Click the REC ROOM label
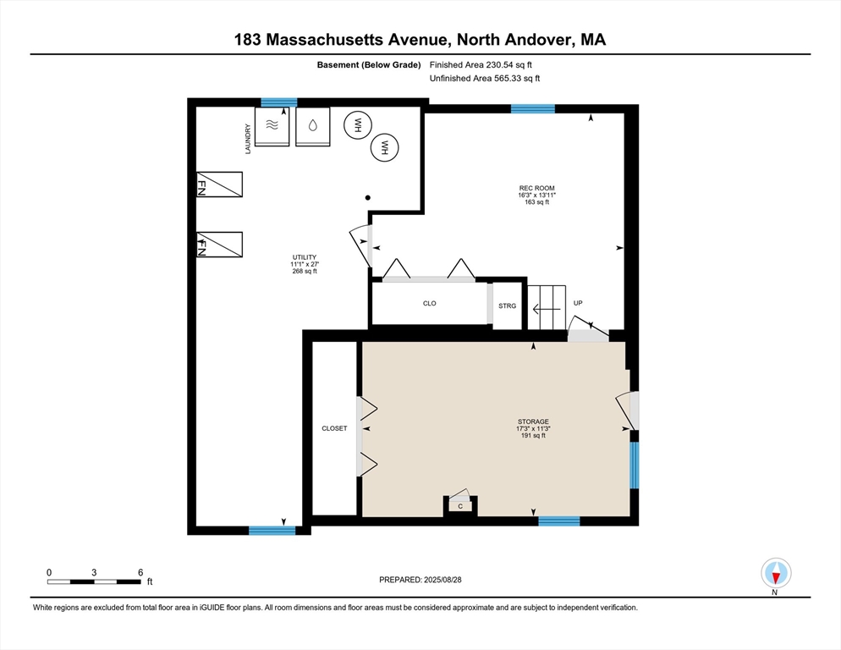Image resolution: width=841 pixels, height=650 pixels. point(536,189)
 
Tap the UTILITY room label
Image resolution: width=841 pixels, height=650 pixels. point(304,257)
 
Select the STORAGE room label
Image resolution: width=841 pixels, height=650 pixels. point(533,421)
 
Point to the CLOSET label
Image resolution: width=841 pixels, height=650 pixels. point(334,428)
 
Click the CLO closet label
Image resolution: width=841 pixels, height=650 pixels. point(430,303)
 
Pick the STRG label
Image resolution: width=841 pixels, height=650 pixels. point(508,306)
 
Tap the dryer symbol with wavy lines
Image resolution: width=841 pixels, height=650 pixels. point(272,127)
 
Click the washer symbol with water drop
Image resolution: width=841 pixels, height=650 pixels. point(313,127)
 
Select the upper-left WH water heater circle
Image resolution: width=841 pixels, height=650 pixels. point(358,125)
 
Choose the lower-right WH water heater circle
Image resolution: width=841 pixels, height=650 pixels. point(385,147)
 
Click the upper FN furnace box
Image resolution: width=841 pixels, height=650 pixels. point(219,185)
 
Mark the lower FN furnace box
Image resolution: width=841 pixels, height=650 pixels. point(219,245)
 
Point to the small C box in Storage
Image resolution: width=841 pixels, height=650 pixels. point(460,506)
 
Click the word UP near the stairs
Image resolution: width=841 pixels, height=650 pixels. point(578,303)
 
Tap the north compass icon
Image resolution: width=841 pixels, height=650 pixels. point(776,573)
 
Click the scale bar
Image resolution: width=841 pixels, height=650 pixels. point(94,581)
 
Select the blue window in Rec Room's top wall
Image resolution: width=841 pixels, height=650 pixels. point(532,109)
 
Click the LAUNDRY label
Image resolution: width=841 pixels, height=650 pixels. point(248,139)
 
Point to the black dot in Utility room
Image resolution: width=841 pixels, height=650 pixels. point(368,198)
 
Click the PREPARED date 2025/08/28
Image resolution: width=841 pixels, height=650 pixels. point(442,580)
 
